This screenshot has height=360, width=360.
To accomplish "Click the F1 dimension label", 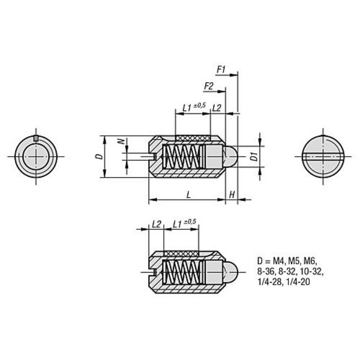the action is [x=221, y=70].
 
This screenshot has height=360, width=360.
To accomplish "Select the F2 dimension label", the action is [x=209, y=86].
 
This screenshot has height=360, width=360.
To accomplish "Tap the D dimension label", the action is [x=100, y=157].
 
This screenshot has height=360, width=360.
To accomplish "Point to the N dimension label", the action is [x=122, y=141].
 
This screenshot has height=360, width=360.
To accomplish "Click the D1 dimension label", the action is [x=254, y=157].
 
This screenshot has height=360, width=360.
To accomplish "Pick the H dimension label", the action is [x=232, y=194].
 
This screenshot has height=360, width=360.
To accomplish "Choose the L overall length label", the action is [x=189, y=194].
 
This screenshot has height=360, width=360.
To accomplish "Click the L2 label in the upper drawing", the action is [x=217, y=108].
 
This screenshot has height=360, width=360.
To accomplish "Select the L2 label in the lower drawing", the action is [x=157, y=224].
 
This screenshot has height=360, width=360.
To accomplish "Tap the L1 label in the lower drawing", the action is [x=177, y=224].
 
